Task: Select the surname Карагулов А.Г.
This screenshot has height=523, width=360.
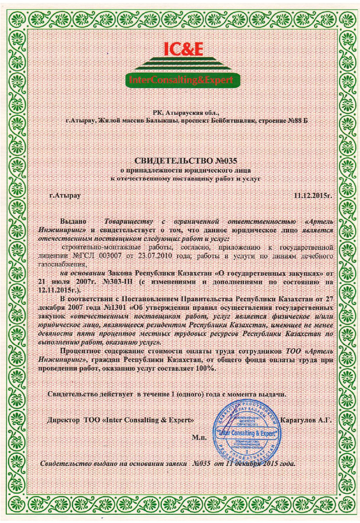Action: tap(306, 420)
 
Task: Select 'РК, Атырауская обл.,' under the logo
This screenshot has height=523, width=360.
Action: tap(179, 112)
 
